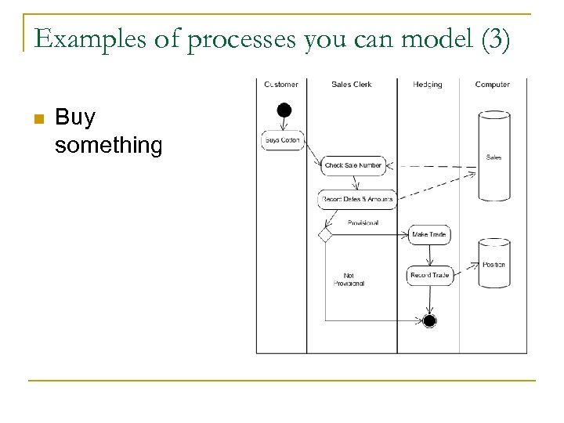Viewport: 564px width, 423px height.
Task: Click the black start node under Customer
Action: [x=284, y=110]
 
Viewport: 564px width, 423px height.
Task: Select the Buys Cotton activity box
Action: [x=282, y=140]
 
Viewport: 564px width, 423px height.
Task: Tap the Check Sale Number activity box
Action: [x=353, y=165]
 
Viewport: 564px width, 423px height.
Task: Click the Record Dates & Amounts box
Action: [x=357, y=199]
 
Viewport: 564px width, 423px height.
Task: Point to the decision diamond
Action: [x=325, y=234]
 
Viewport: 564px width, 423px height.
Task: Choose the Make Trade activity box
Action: [x=429, y=234]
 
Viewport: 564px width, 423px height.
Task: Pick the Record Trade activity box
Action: [x=429, y=275]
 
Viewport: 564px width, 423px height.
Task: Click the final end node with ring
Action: [x=429, y=320]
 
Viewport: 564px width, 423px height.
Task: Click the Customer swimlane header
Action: [x=281, y=85]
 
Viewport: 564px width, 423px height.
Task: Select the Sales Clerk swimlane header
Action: [x=352, y=85]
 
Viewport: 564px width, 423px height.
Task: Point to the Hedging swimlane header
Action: [x=428, y=85]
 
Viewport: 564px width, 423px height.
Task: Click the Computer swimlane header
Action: [x=493, y=85]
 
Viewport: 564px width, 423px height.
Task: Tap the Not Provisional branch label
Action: [x=349, y=280]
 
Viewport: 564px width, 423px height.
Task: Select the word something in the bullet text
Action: [x=109, y=145]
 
